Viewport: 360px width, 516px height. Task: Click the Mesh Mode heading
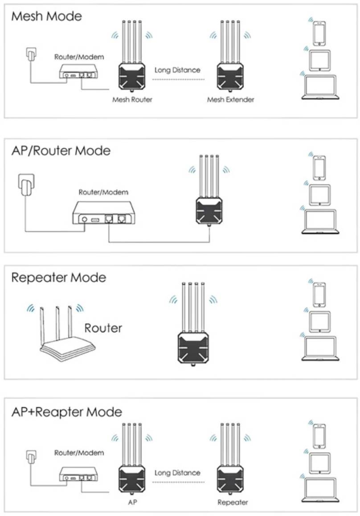(x=47, y=16)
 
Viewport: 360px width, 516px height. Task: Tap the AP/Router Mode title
(x=61, y=151)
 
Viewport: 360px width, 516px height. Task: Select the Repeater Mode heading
(x=59, y=278)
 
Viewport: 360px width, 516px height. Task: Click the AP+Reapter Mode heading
(x=66, y=411)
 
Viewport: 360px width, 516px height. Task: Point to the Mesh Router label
(x=132, y=99)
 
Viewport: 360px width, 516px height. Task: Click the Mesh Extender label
(x=230, y=99)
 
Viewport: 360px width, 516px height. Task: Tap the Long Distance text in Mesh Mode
(x=177, y=70)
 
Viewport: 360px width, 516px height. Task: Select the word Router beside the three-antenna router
(x=103, y=328)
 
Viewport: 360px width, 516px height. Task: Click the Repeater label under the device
(x=232, y=502)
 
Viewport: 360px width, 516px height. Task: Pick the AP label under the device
(x=132, y=502)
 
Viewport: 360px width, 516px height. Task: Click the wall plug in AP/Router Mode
(x=25, y=185)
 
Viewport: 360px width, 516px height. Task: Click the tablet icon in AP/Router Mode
(x=319, y=195)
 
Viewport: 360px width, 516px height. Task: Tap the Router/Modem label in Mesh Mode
(x=79, y=57)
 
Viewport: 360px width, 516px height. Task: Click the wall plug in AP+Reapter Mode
(x=30, y=458)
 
